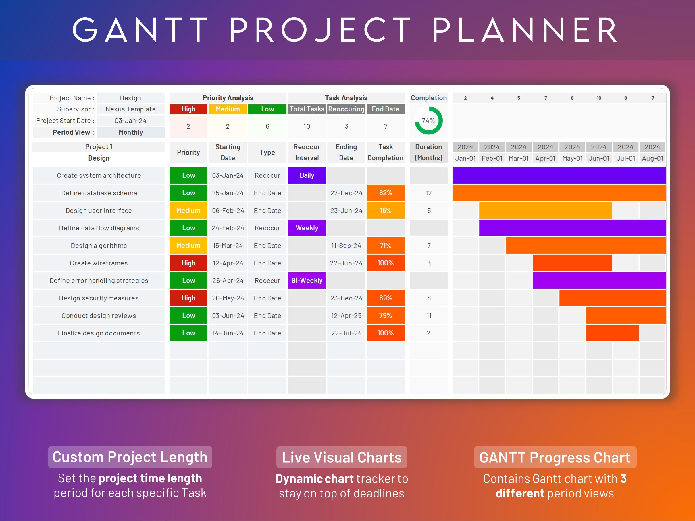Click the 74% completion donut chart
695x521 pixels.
(428, 121)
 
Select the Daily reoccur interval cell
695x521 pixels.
(307, 175)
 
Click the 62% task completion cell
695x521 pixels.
(385, 193)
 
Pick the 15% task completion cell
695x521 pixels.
(385, 211)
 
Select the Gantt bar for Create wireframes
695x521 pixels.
(572, 263)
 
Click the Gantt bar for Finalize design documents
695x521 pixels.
(612, 333)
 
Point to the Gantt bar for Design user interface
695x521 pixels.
(545, 211)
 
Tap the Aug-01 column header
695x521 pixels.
(652, 158)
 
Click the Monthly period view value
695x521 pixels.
(130, 132)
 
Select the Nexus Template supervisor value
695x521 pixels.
(130, 109)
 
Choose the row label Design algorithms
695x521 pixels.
(99, 246)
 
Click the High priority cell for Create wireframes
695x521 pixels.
(188, 263)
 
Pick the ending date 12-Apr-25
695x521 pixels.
(346, 316)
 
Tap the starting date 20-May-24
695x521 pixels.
(228, 298)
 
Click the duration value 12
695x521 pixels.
(428, 193)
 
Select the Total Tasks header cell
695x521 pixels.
(307, 109)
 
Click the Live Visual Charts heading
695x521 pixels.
(342, 457)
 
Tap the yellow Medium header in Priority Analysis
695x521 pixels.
(228, 109)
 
